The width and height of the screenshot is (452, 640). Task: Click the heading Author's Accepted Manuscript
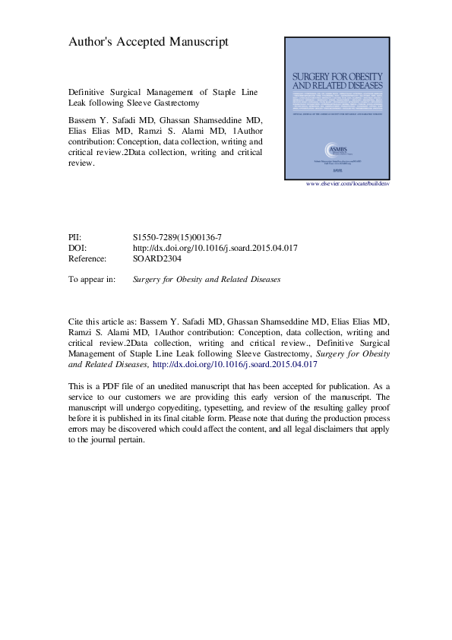point(148,43)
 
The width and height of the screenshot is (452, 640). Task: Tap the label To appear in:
point(92,279)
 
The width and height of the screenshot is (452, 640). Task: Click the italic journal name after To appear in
point(207,279)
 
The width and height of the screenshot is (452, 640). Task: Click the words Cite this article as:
point(103,322)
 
